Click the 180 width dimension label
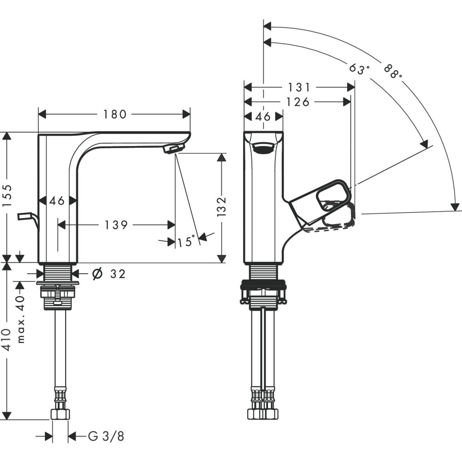(x=115, y=114)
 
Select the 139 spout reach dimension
(x=115, y=225)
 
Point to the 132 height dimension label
(x=222, y=207)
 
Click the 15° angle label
(x=186, y=241)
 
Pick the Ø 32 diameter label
(x=109, y=274)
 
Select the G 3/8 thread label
(x=106, y=436)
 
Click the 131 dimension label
(x=299, y=87)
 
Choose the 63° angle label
(x=359, y=69)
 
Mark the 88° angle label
(x=393, y=70)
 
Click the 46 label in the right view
(x=263, y=116)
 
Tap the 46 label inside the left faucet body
(x=57, y=201)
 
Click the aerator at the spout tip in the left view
(x=174, y=149)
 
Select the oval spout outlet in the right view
(x=263, y=148)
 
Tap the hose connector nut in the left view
(x=60, y=414)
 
